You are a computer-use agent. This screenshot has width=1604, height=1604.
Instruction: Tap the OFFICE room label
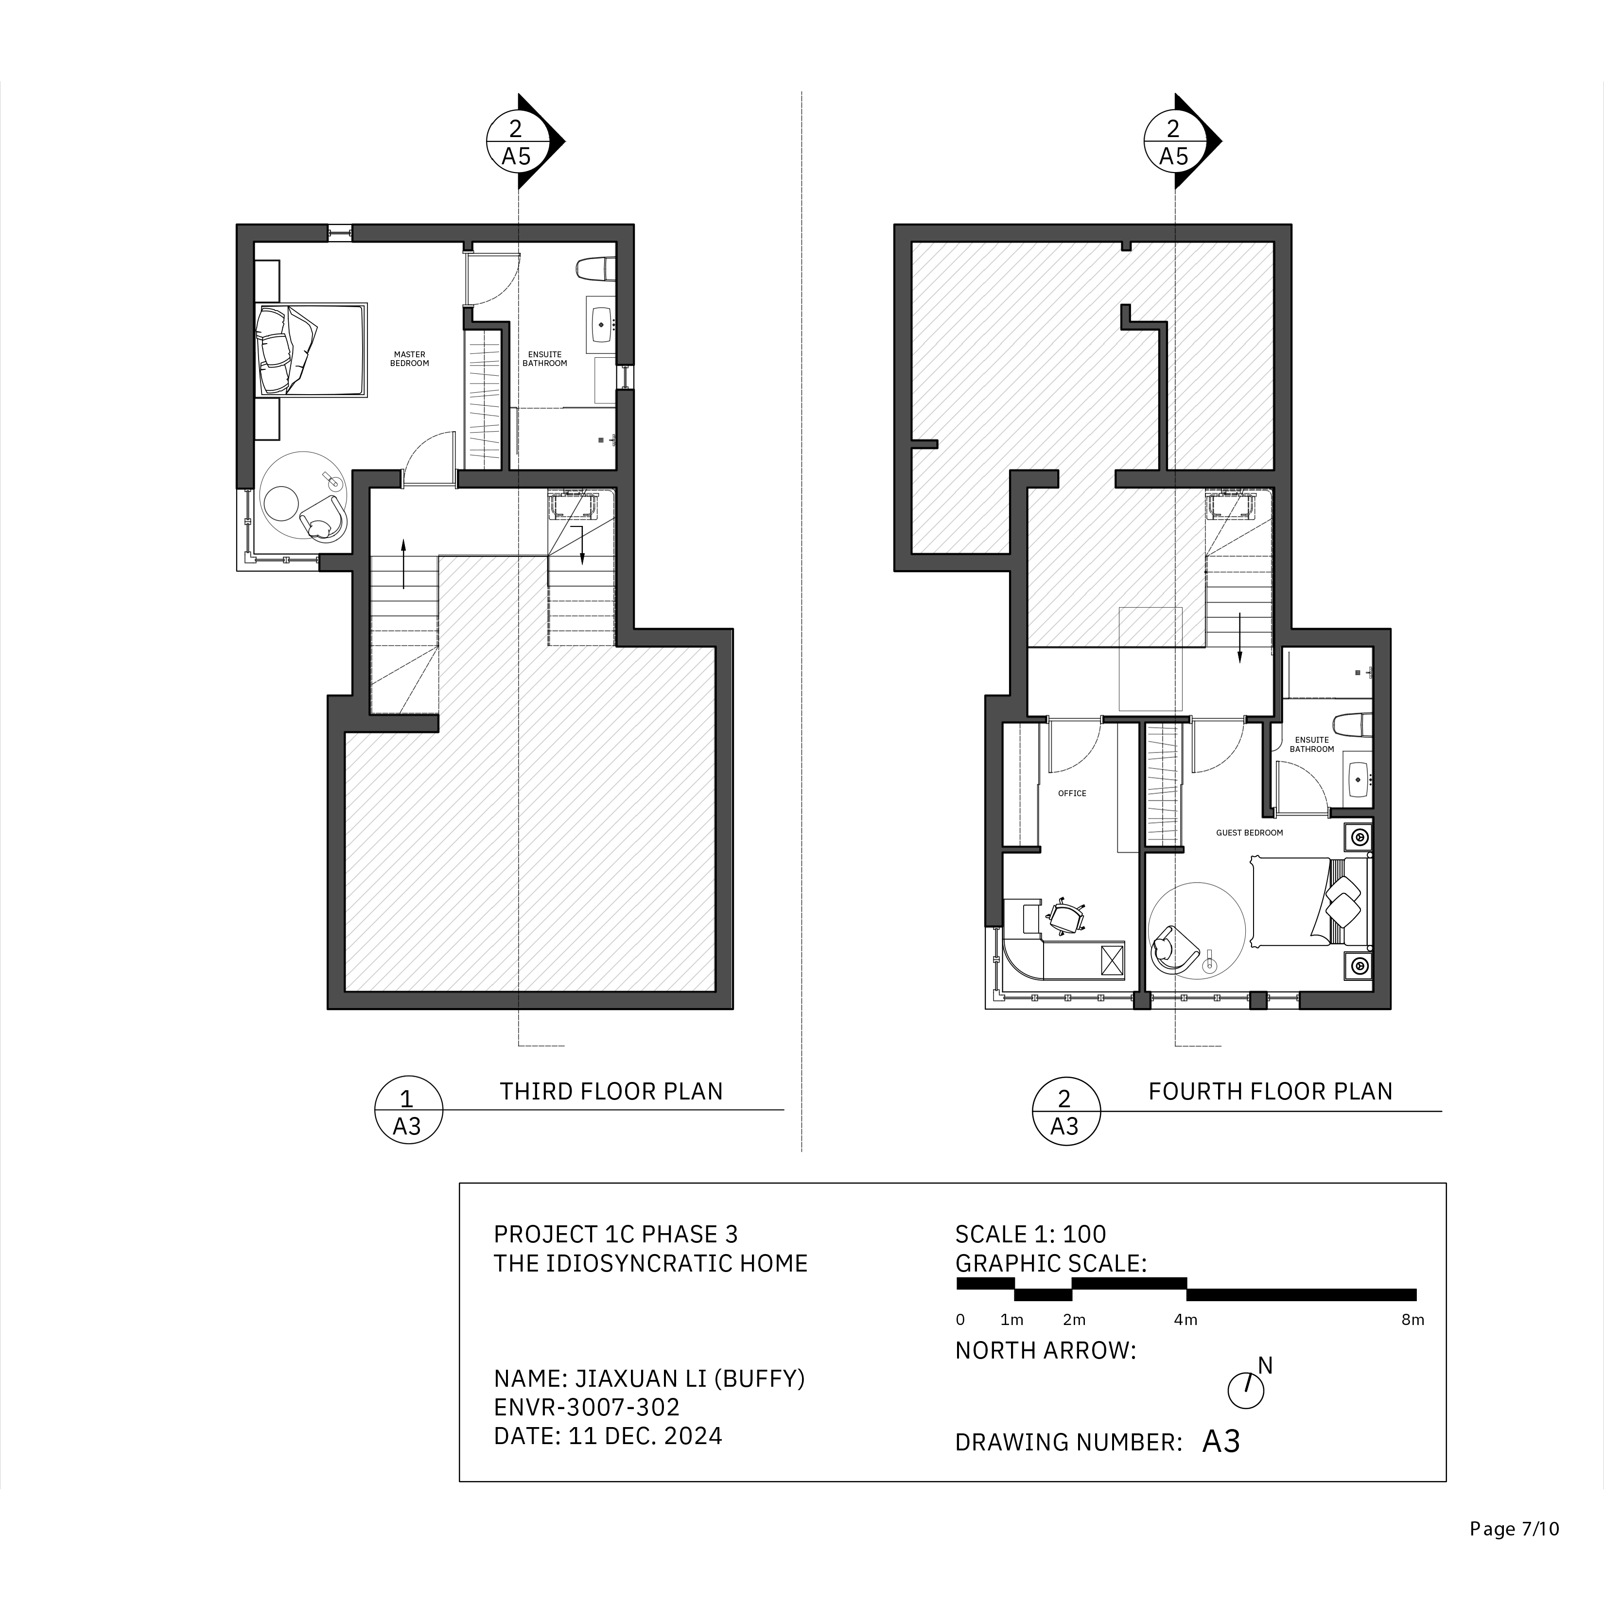click(x=1072, y=793)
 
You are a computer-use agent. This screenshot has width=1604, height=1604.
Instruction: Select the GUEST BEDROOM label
click(x=1250, y=832)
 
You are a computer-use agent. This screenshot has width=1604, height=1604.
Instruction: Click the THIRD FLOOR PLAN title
click(x=611, y=1091)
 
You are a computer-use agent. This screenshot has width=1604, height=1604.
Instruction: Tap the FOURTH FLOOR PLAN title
click(x=1270, y=1091)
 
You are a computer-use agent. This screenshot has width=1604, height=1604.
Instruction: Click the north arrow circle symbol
click(x=1245, y=1390)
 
